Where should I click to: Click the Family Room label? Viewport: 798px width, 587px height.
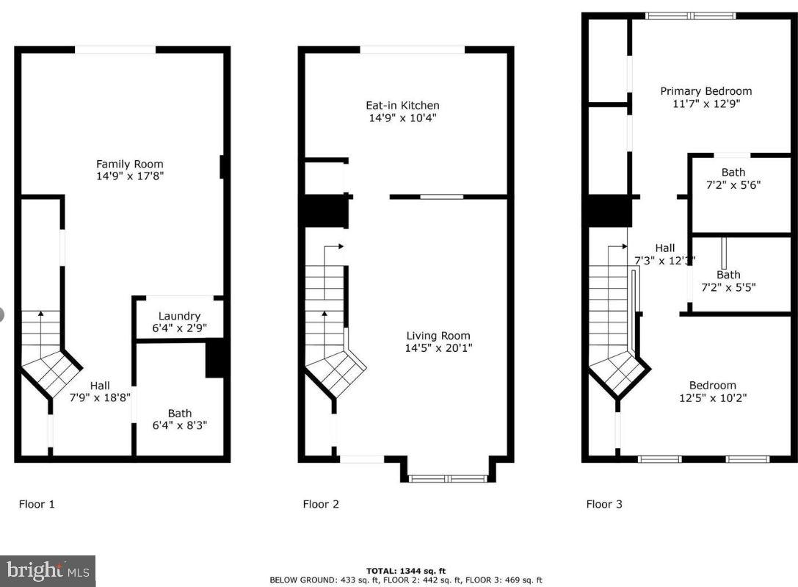click(x=130, y=164)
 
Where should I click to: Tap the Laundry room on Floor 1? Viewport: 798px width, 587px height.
click(x=179, y=322)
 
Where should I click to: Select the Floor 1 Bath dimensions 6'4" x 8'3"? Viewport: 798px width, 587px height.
click(x=179, y=425)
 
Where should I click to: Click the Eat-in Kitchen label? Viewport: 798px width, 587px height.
click(x=402, y=105)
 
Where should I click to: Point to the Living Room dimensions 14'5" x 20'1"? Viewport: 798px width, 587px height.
click(x=438, y=348)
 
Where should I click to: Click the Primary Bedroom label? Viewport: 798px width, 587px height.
click(x=705, y=91)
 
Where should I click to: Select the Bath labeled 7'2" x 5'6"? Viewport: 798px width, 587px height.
click(x=733, y=179)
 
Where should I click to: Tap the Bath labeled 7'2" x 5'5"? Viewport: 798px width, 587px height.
click(x=728, y=281)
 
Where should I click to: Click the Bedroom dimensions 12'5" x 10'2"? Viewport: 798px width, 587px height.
click(x=712, y=398)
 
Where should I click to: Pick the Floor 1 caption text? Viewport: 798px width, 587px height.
click(x=37, y=504)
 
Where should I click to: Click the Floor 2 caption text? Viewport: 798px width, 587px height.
click(x=321, y=504)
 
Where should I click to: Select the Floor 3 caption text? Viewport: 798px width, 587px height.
click(x=604, y=504)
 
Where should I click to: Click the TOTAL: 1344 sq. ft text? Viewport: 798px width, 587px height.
click(x=405, y=571)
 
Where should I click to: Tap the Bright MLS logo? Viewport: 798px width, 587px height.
click(x=48, y=570)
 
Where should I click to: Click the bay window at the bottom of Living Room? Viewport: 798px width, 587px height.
click(x=448, y=479)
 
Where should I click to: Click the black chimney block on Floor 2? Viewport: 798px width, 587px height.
click(x=323, y=211)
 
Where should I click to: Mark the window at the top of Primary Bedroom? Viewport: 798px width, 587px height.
click(x=690, y=15)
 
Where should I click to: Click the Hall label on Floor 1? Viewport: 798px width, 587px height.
click(x=100, y=385)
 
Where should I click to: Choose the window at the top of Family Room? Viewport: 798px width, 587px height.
click(x=115, y=50)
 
